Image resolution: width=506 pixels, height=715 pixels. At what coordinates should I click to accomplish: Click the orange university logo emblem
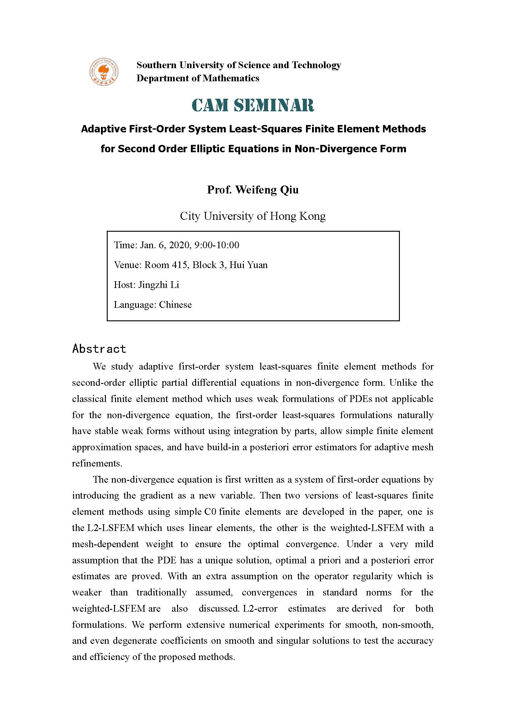coord(104,72)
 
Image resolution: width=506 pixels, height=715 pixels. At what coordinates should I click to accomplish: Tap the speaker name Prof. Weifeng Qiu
coord(253,190)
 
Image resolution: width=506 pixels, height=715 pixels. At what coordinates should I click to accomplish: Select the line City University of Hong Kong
coord(253,216)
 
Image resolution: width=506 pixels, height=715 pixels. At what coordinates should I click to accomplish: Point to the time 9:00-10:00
coord(217,245)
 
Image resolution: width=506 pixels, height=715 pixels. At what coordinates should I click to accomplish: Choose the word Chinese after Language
coord(175,304)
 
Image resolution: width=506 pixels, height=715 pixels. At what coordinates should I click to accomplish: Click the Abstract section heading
coord(99,349)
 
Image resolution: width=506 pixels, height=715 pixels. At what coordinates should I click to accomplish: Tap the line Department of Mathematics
coord(198,78)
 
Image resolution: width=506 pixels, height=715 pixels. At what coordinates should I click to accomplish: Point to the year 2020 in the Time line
coord(179,245)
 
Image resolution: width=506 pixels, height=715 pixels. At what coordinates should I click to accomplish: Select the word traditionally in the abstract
coord(162,593)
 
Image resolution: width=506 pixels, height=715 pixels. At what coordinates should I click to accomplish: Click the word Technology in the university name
coord(316,65)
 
